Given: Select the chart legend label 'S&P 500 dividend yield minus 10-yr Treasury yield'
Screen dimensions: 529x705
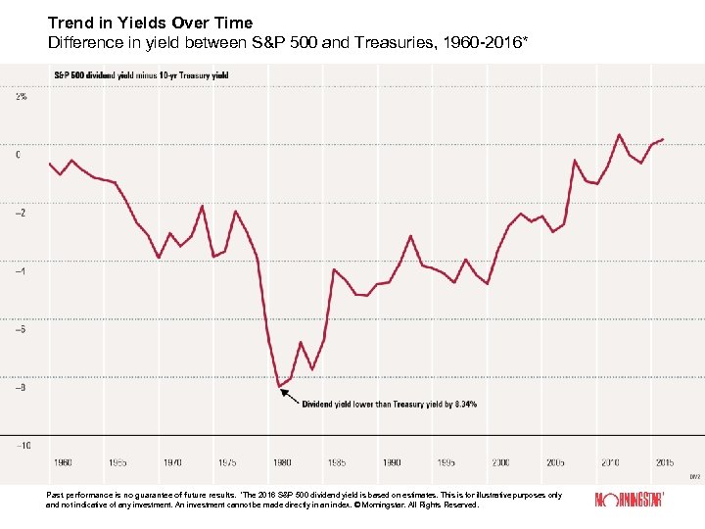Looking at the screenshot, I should tap(141, 75).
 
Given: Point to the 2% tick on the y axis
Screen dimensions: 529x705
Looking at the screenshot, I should tap(21, 97).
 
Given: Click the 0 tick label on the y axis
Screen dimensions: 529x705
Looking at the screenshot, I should tap(17, 155).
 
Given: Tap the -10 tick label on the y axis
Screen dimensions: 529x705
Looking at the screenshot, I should tap(22, 445).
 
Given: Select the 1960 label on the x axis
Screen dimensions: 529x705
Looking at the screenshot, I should tap(62, 461).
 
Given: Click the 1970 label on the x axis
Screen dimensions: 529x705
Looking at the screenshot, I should tap(171, 461).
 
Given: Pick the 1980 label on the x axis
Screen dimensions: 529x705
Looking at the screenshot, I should tap(281, 461).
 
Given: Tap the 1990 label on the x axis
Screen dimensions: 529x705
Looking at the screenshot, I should tap(391, 461).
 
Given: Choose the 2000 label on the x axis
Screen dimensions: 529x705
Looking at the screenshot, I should tap(500, 461).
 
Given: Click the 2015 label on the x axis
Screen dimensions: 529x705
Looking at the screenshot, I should tap(664, 461).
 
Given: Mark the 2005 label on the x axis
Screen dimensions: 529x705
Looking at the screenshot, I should tap(555, 461).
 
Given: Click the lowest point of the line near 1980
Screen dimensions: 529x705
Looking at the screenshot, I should tap(279, 386).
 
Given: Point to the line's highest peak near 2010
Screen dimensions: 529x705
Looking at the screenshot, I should tap(619, 134).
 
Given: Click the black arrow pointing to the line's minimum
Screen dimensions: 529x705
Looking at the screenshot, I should tap(290, 396).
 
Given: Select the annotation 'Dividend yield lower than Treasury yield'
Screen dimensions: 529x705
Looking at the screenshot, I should tap(389, 405).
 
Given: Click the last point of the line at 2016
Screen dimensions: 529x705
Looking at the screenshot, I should tap(663, 139).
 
